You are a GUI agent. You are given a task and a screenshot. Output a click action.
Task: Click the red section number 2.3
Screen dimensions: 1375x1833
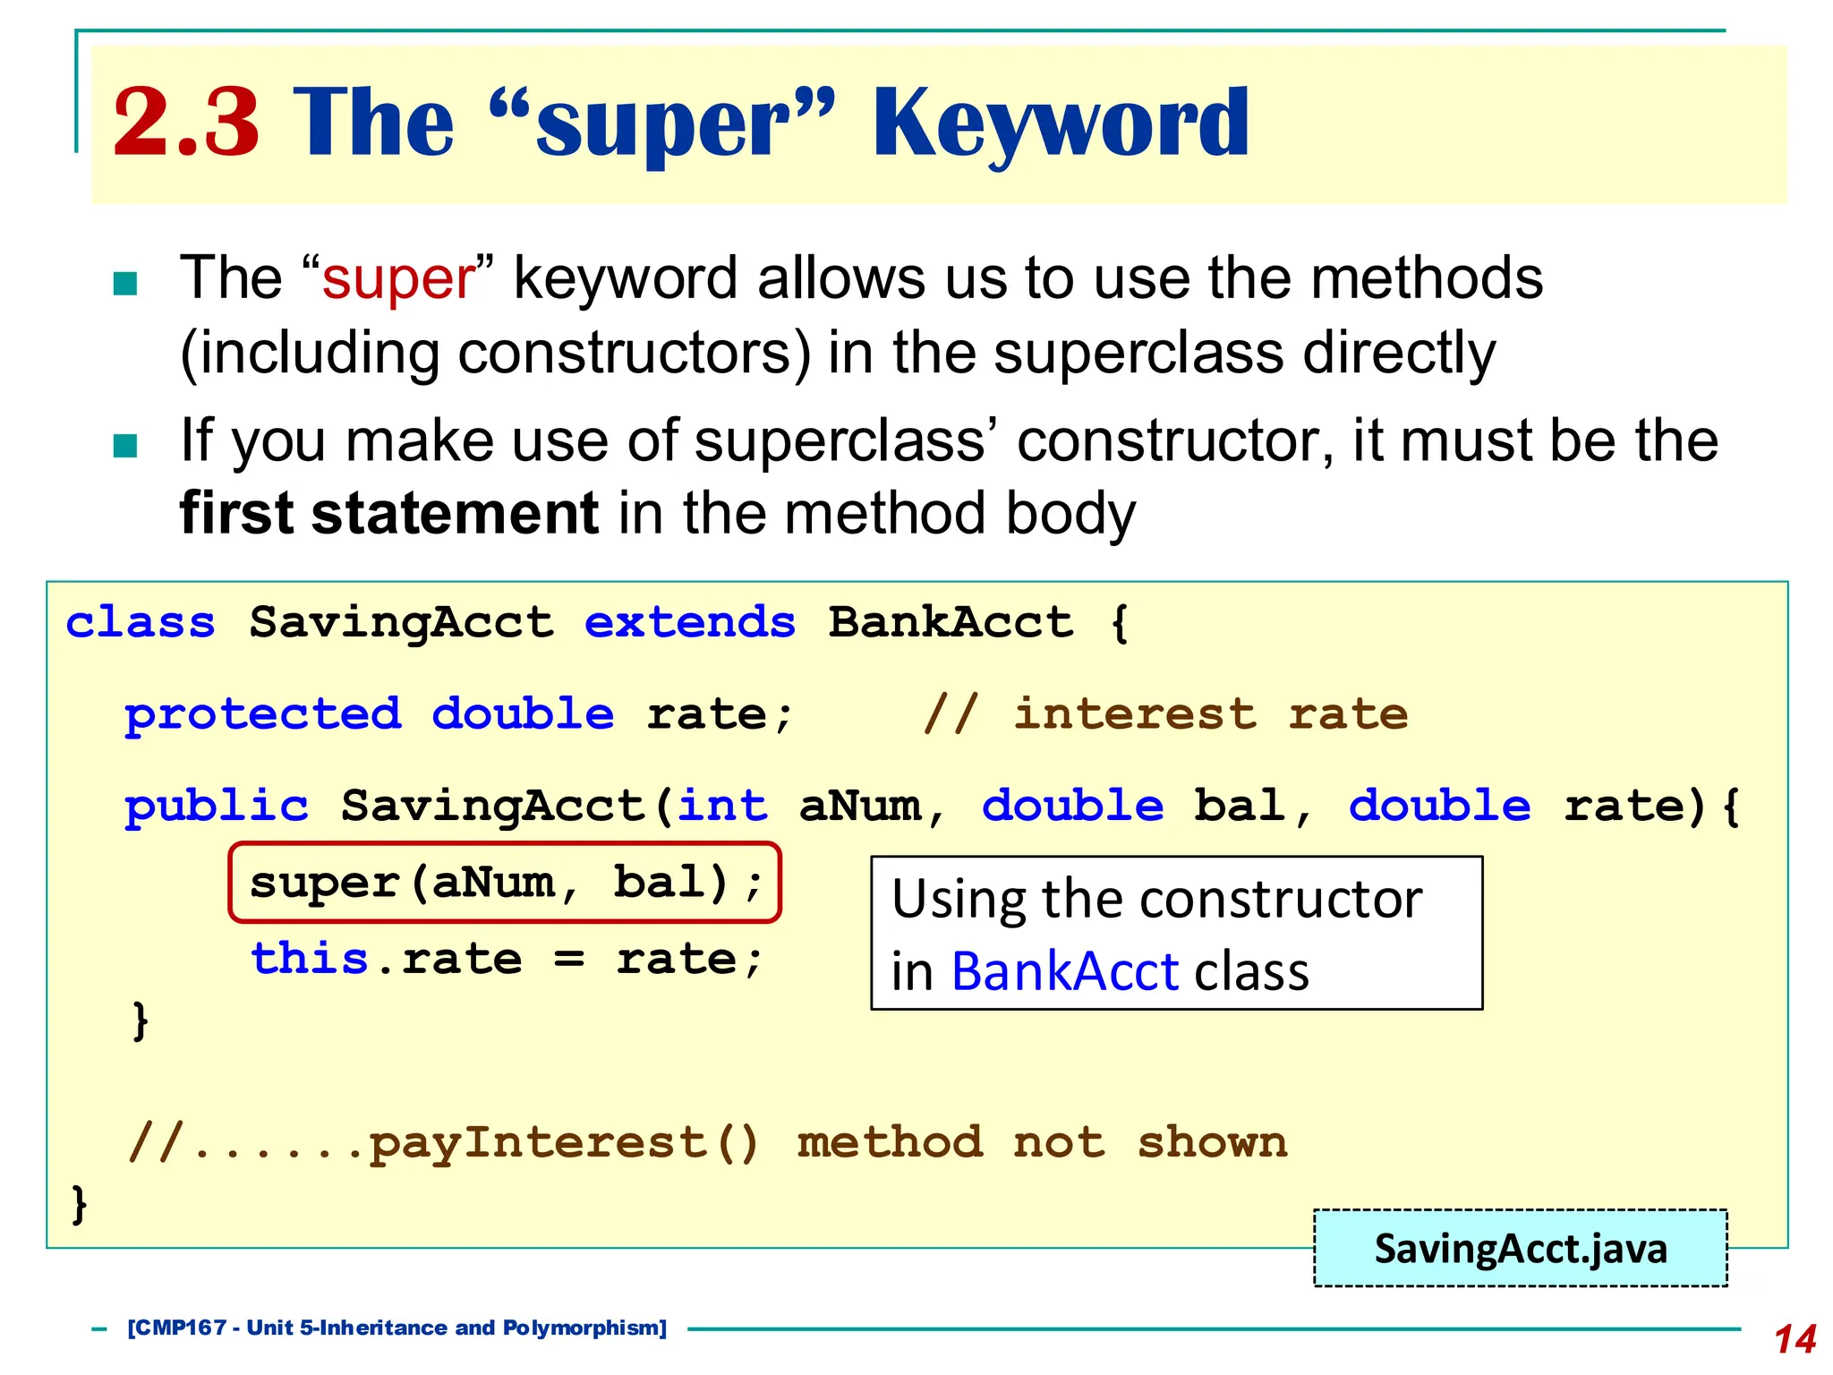tap(186, 123)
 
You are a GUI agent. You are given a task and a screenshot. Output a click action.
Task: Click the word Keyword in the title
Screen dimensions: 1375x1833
tap(1060, 124)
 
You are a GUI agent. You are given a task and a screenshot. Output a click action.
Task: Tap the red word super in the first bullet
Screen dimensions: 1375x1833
tap(398, 278)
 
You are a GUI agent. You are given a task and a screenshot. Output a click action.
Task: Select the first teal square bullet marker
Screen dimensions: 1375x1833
tap(125, 284)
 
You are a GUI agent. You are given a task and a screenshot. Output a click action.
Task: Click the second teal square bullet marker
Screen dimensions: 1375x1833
tap(125, 445)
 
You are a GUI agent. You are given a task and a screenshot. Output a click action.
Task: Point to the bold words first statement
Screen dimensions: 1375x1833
tap(388, 514)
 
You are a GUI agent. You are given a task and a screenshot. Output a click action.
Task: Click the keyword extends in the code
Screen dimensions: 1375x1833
tap(689, 622)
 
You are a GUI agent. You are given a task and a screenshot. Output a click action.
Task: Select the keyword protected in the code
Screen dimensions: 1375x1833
tap(262, 714)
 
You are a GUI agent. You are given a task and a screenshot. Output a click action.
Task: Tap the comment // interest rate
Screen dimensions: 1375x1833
tap(1165, 714)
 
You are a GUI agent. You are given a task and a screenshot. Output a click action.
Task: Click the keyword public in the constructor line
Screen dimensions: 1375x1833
tap(216, 806)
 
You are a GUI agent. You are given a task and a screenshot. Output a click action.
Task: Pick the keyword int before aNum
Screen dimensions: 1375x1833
tap(721, 806)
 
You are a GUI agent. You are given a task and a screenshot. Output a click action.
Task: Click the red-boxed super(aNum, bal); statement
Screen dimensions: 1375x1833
tap(505, 883)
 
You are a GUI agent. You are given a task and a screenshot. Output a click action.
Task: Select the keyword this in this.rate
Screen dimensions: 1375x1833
tap(309, 959)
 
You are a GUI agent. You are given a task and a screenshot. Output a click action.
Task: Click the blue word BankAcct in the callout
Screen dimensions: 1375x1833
tap(1065, 972)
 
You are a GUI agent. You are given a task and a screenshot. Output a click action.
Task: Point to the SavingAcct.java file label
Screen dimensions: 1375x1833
tap(1520, 1249)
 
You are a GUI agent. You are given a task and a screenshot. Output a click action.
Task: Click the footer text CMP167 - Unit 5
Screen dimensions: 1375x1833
tap(396, 1328)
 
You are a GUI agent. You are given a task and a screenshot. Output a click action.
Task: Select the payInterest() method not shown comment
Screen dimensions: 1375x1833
tap(707, 1143)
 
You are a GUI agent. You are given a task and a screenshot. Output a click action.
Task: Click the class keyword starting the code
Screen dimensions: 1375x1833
tap(141, 622)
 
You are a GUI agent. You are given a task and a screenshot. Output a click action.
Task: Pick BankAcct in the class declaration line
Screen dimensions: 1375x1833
tap(950, 622)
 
